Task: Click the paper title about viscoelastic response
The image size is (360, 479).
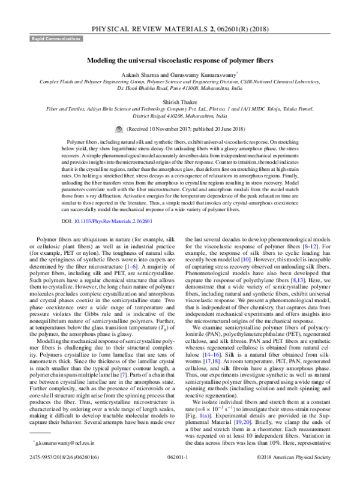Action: pos(180,61)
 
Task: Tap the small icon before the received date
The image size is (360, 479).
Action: pos(119,128)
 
